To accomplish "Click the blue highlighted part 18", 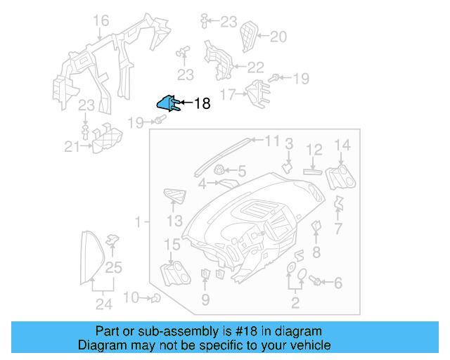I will tap(167, 103).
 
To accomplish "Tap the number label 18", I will tap(201, 104).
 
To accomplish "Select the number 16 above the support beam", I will tap(101, 20).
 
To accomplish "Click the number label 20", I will tap(278, 37).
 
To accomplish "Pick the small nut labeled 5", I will tap(219, 169).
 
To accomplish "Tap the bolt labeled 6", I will tap(315, 281).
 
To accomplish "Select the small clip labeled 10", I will tap(155, 298).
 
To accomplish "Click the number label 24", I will tap(103, 304).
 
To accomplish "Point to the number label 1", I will tap(139, 221).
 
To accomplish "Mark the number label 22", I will tap(255, 67).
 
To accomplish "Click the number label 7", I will tap(338, 229).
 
